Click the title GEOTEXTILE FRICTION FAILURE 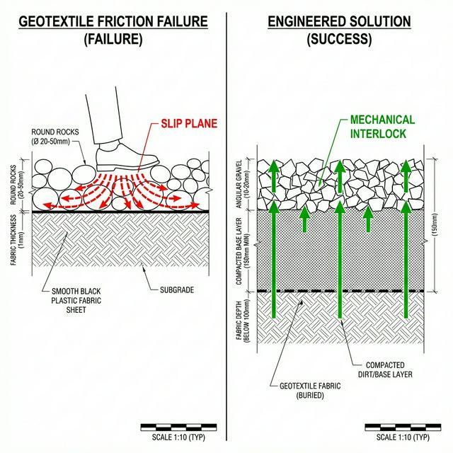coord(113,21)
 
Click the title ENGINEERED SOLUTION coord(339,21)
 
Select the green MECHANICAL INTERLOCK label coord(382,127)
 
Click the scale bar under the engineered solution coord(401,426)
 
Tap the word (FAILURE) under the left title coord(113,40)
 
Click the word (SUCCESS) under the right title coord(339,40)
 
